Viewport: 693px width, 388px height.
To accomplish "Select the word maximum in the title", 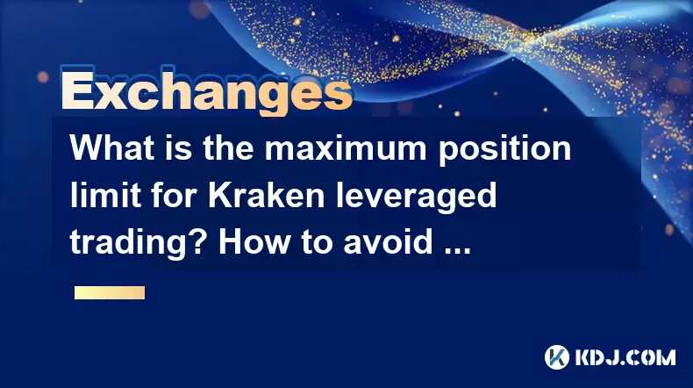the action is (346, 147).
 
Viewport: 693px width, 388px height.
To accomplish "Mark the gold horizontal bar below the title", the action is (110, 293).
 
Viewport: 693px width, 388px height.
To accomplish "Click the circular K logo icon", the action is (557, 357).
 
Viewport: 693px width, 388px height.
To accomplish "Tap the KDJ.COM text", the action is (625, 357).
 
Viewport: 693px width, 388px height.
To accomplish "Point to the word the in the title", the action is (228, 147).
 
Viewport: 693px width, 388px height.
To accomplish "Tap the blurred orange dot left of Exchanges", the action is (43, 77).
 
